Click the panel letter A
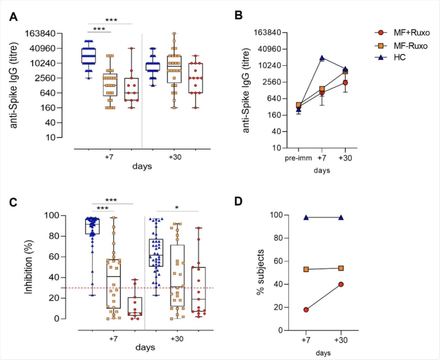(x=13, y=17)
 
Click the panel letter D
(x=238, y=201)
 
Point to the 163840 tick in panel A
(x=40, y=34)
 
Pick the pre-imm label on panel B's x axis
(x=298, y=158)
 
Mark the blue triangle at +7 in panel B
(x=322, y=58)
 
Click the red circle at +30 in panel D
(x=341, y=284)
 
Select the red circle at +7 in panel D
(x=306, y=310)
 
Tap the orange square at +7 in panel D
(x=306, y=269)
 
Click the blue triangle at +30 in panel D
(x=341, y=218)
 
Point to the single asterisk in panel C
(x=177, y=208)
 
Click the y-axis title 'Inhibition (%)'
(x=28, y=267)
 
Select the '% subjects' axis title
(x=260, y=272)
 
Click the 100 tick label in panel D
(x=276, y=215)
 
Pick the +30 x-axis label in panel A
(x=175, y=157)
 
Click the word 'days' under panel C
(x=145, y=347)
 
